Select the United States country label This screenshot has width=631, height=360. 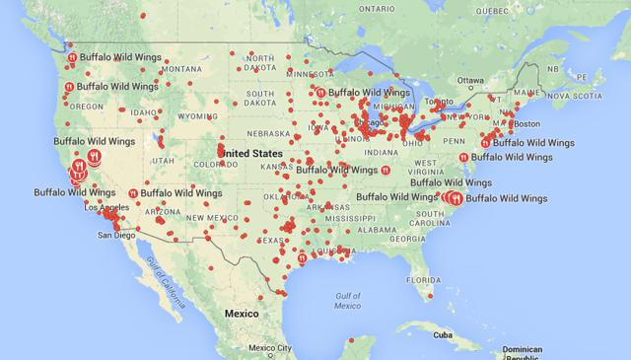click(x=254, y=155)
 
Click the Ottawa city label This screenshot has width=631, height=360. click(x=471, y=80)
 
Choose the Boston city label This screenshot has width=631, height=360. click(x=527, y=123)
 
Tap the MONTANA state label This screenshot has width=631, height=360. click(x=180, y=68)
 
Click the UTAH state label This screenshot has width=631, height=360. click(x=164, y=160)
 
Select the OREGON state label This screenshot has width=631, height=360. click(x=86, y=107)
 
